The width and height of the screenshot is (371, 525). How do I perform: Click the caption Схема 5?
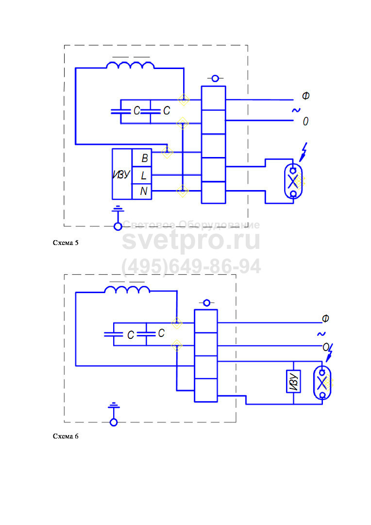pyautogui.click(x=65, y=243)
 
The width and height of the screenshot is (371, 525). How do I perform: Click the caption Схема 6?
pyautogui.click(x=65, y=436)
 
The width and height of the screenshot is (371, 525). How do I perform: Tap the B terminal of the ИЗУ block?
pyautogui.click(x=144, y=158)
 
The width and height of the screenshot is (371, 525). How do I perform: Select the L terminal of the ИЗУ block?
pyautogui.click(x=144, y=175)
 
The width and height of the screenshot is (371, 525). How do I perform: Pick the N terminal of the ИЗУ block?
pyautogui.click(x=144, y=191)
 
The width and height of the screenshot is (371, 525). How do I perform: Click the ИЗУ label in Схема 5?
pyautogui.click(x=121, y=175)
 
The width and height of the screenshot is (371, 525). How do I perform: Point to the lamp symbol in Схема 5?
pyautogui.click(x=293, y=182)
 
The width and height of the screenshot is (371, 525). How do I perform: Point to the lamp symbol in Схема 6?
pyautogui.click(x=321, y=383)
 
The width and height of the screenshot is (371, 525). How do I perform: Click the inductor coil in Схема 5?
pyautogui.click(x=130, y=65)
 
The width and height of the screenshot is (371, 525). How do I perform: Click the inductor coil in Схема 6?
pyautogui.click(x=127, y=290)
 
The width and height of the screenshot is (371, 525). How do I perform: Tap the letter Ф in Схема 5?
pyautogui.click(x=305, y=96)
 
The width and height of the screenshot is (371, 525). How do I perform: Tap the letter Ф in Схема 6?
pyautogui.click(x=326, y=318)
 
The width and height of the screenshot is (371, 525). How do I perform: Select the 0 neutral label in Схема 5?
pyautogui.click(x=305, y=121)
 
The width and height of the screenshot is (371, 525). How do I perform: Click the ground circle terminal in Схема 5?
pyautogui.click(x=117, y=226)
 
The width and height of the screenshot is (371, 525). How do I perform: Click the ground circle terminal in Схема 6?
pyautogui.click(x=114, y=422)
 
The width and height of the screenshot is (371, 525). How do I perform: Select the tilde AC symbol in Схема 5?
pyautogui.click(x=296, y=110)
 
